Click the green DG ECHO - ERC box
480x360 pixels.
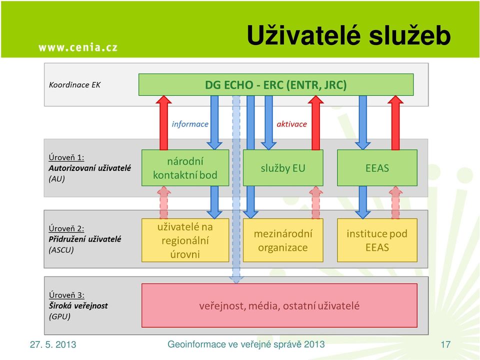tap(276, 84)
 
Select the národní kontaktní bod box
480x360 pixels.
tap(185, 168)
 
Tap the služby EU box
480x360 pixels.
tap(283, 168)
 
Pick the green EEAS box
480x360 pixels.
tap(377, 168)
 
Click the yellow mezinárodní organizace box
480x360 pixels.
tap(283, 240)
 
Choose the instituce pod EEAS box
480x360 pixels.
tap(377, 240)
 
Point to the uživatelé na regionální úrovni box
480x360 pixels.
tap(185, 240)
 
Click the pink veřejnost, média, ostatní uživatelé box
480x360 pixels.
tap(279, 305)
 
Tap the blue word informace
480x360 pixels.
tap(190, 124)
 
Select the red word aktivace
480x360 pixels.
tap(291, 124)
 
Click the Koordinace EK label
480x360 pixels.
tap(74, 85)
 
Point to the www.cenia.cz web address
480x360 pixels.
tap(78, 47)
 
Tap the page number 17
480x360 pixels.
tap(445, 344)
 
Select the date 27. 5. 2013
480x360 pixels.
tap(53, 344)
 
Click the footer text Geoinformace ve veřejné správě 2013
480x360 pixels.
tap(246, 344)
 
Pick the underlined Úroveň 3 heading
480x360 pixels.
tap(66, 295)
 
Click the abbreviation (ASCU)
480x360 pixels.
tap(61, 250)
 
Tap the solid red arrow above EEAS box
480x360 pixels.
tap(395, 123)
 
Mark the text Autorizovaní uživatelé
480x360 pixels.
tap(89, 168)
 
